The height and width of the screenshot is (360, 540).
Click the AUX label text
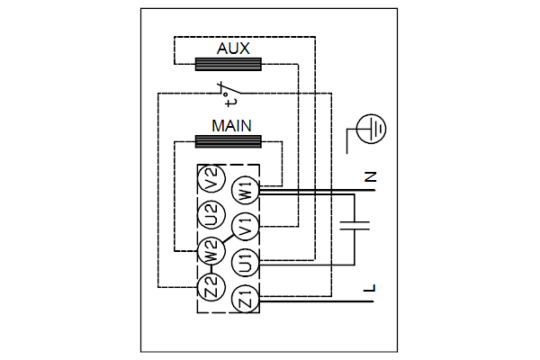pyautogui.click(x=228, y=49)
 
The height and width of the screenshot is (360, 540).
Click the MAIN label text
pyautogui.click(x=230, y=125)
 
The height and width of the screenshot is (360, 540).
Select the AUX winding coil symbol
pyautogui.click(x=229, y=64)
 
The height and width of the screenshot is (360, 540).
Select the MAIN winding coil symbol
pyautogui.click(x=229, y=140)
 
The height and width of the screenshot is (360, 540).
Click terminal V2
pyautogui.click(x=211, y=179)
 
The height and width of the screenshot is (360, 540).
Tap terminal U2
pyautogui.click(x=211, y=215)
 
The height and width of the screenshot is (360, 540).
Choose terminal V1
pyautogui.click(x=245, y=226)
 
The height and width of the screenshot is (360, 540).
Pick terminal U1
pyautogui.click(x=245, y=263)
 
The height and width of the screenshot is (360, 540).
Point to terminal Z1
pyautogui.click(x=245, y=299)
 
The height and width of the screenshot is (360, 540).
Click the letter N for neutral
pyautogui.click(x=370, y=177)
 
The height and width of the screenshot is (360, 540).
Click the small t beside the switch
pyautogui.click(x=220, y=101)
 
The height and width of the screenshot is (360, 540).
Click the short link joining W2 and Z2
pyautogui.click(x=211, y=270)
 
